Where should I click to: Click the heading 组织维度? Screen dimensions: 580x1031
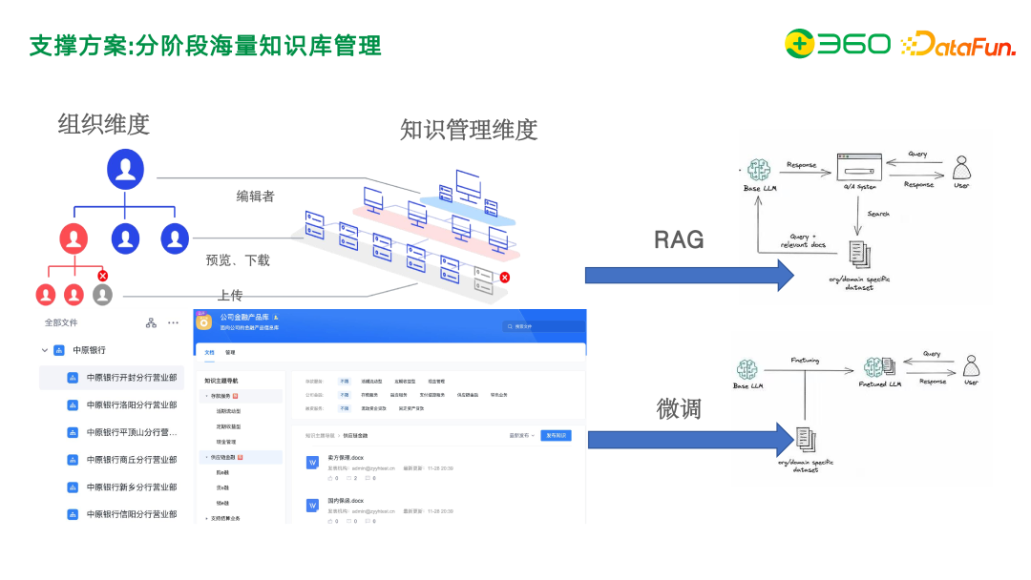coord(103,124)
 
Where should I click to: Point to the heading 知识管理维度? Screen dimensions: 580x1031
coord(468,130)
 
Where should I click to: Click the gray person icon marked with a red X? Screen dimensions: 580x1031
coord(102,294)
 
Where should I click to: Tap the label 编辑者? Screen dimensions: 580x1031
coord(256,197)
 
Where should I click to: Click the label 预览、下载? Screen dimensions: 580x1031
coord(238,259)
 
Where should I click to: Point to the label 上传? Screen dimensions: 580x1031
coord(229,295)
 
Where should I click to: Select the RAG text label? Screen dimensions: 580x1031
coord(679,239)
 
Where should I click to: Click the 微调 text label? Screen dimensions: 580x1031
coord(679,408)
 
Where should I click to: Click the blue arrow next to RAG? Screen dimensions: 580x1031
coord(688,276)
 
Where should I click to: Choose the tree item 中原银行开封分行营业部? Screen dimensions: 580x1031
coord(131,378)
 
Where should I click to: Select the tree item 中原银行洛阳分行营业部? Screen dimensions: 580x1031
coord(131,404)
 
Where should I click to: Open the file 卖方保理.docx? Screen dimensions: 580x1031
coord(345,458)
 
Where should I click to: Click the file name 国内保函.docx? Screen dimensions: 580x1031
coord(345,501)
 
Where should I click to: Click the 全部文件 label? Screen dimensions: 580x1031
coord(62,323)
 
